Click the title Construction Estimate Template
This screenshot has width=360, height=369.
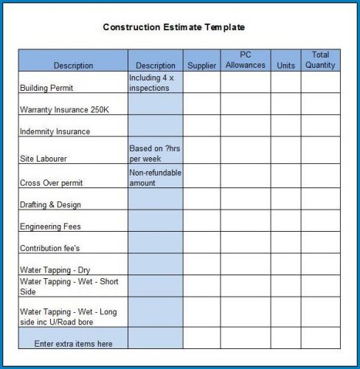click(x=173, y=27)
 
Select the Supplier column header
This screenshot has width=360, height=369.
click(x=201, y=66)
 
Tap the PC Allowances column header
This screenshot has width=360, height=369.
click(x=245, y=60)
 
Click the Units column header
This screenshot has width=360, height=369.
click(x=285, y=66)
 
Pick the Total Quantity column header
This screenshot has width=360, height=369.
click(x=320, y=60)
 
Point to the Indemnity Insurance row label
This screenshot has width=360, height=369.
click(x=55, y=131)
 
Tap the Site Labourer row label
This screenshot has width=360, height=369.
click(x=44, y=158)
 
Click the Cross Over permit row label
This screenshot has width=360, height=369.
click(x=51, y=183)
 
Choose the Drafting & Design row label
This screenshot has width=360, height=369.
click(x=50, y=204)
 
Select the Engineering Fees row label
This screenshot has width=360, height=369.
click(x=50, y=227)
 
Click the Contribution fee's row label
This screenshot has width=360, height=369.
click(x=49, y=249)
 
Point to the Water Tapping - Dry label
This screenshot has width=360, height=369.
click(x=55, y=270)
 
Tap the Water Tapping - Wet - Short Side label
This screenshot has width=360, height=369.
click(x=69, y=286)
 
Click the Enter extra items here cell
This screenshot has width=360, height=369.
click(x=73, y=343)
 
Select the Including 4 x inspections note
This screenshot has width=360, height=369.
click(x=151, y=82)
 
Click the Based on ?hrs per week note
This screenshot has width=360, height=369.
click(x=154, y=153)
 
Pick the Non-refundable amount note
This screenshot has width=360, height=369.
click(x=155, y=177)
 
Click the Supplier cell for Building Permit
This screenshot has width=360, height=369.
click(x=201, y=82)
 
